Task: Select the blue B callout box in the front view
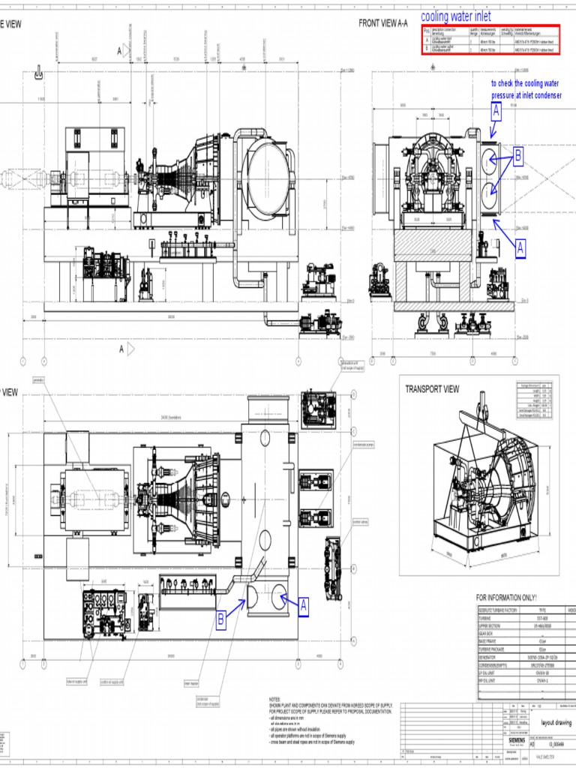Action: (517, 157)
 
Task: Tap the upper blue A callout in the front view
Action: (496, 112)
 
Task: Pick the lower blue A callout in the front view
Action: (520, 248)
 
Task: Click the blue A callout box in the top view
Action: (304, 605)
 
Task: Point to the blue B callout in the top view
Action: (221, 619)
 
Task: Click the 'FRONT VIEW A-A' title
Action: (383, 24)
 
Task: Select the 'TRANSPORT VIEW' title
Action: (432, 389)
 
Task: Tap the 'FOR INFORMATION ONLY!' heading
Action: (507, 598)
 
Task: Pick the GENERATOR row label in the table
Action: (490, 657)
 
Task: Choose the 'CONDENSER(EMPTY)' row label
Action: (495, 664)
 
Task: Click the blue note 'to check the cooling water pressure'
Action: (526, 90)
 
